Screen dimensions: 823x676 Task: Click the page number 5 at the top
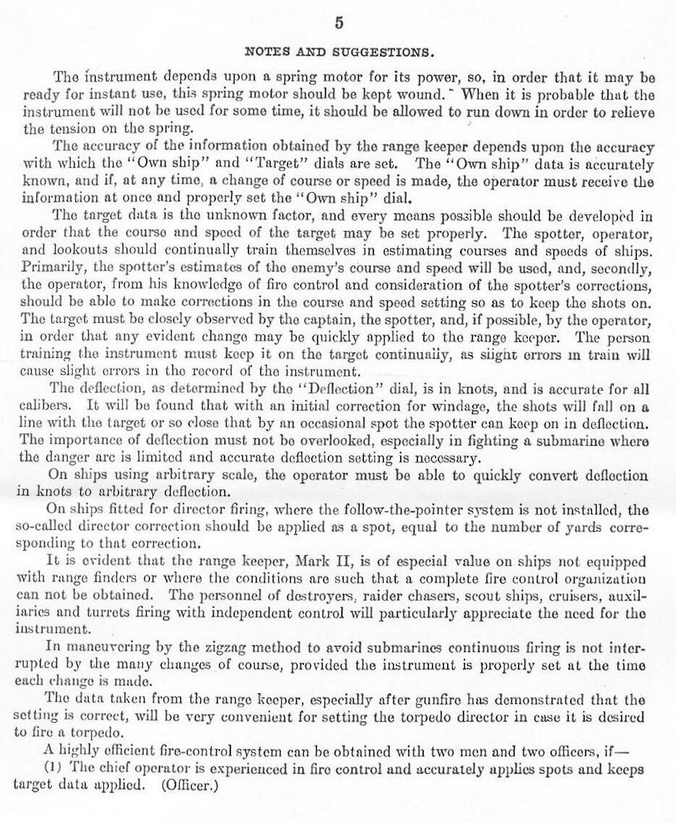tap(338, 22)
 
